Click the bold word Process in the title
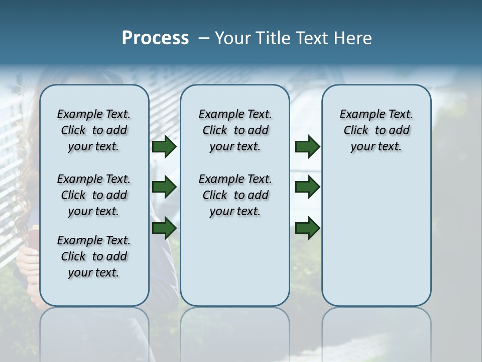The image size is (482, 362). tap(155, 38)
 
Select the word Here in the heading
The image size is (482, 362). tap(354, 38)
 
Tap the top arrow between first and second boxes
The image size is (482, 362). tap(164, 147)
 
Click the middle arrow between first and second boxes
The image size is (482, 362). tap(164, 188)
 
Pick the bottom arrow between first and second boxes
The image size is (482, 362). tap(164, 228)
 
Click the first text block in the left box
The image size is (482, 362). tap(94, 130)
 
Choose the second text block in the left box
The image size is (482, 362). tap(94, 195)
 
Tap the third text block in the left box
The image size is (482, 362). tap(94, 256)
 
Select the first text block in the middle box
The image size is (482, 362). tap(235, 130)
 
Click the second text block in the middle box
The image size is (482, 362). tap(235, 195)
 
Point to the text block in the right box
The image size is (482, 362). tap(376, 130)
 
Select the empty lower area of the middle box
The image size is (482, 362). tap(235, 261)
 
